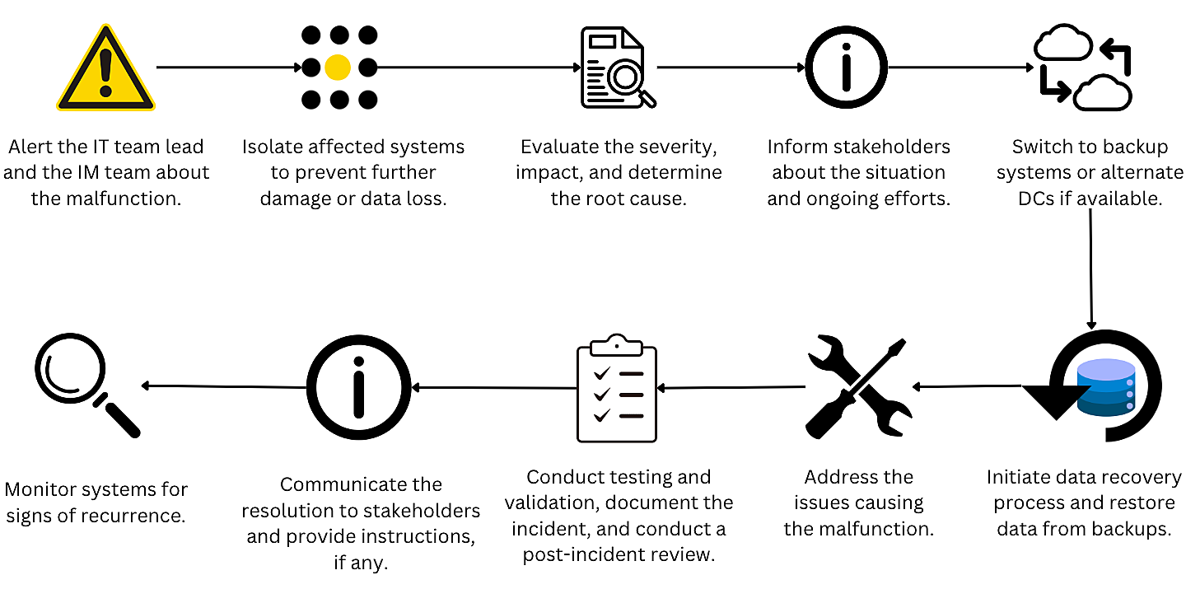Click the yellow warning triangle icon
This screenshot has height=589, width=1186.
(x=105, y=70)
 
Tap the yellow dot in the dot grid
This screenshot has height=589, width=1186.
(x=338, y=68)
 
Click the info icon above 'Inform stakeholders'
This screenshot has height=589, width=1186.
(x=846, y=68)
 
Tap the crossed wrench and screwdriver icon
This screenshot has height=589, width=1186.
(x=859, y=386)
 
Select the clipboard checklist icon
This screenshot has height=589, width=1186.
(x=617, y=388)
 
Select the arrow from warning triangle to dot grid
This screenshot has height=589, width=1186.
(x=229, y=67)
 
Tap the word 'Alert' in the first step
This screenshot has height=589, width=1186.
(x=32, y=147)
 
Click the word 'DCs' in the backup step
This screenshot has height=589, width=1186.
(x=1021, y=199)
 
